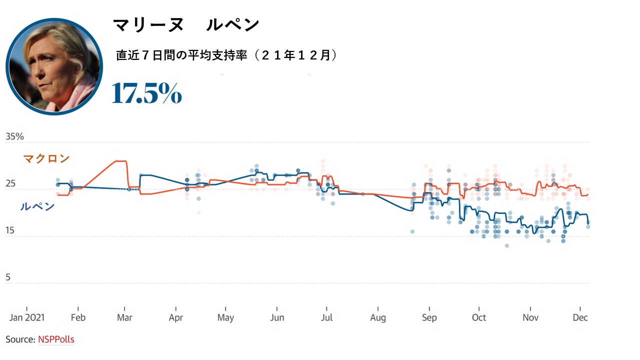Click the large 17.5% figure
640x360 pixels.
[x=146, y=92]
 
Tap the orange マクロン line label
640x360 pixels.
[x=46, y=159]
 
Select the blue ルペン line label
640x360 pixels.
[x=37, y=206]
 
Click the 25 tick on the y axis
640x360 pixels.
[x=10, y=184]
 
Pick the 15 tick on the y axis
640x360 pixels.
[x=10, y=231]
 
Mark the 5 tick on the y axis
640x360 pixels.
[x=8, y=277]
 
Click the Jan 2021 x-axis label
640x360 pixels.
[x=26, y=318]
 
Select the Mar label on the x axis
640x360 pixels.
[x=124, y=318]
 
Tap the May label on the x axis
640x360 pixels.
[x=225, y=318]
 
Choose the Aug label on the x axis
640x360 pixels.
[x=378, y=318]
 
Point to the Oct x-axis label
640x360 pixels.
[x=479, y=318]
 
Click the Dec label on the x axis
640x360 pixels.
[x=580, y=318]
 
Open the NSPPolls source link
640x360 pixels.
[x=56, y=339]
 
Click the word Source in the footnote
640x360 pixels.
[x=20, y=339]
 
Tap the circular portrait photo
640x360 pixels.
[x=54, y=66]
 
